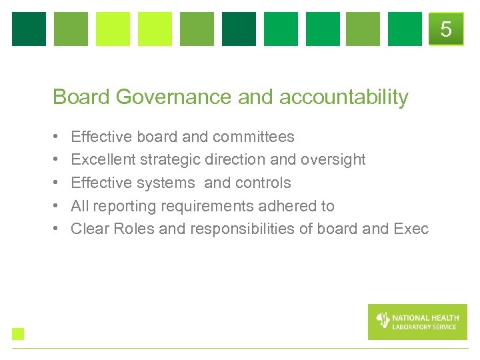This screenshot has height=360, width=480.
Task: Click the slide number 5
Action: [x=446, y=29]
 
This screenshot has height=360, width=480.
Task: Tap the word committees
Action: [x=253, y=137]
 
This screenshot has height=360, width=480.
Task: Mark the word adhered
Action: [x=289, y=206]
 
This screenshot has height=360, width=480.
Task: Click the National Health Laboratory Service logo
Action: [x=417, y=322]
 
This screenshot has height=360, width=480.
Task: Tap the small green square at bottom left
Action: [x=18, y=334]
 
